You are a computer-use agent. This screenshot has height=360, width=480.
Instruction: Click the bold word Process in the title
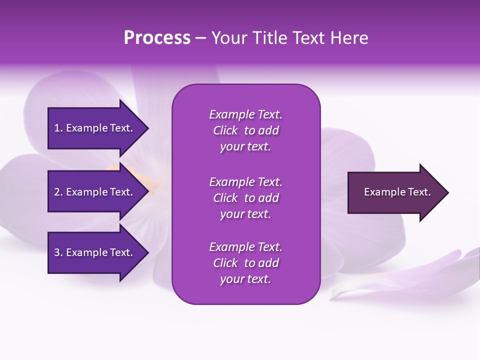(157, 38)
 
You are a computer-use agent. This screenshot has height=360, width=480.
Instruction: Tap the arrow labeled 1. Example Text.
(95, 128)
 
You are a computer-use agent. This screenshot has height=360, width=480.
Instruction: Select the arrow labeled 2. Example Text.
(95, 192)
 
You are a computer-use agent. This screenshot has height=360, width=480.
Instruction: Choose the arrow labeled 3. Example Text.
(95, 252)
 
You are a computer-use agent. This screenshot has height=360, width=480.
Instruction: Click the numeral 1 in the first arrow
(57, 128)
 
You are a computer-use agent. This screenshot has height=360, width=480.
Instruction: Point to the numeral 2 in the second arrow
(57, 192)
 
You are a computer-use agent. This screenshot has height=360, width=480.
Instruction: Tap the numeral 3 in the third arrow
(57, 252)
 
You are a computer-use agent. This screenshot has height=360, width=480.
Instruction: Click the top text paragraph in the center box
(245, 130)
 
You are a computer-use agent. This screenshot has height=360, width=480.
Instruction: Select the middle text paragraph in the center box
(245, 198)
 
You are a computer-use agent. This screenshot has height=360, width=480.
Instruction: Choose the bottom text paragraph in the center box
(245, 263)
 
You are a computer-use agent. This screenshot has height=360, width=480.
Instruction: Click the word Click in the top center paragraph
(225, 130)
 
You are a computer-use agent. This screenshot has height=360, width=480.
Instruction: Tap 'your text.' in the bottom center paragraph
(245, 279)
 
